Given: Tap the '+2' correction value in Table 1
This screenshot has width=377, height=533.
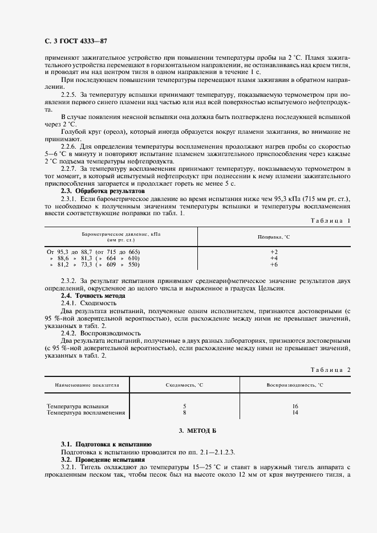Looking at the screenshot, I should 273,251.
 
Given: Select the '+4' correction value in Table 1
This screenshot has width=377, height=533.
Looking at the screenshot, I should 273,258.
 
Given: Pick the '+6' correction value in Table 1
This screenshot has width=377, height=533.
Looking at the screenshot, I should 273,265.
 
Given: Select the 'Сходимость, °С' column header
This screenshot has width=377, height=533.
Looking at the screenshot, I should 184,386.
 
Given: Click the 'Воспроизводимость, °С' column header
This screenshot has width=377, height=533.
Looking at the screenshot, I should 294,386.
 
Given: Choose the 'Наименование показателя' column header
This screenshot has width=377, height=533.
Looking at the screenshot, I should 87,386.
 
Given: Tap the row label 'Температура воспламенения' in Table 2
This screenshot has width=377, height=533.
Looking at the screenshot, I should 86,412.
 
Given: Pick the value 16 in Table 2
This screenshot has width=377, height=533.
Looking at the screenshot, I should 294,406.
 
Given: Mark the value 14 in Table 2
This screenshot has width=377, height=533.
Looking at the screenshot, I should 294,412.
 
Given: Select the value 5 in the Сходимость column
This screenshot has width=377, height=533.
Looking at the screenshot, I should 184,406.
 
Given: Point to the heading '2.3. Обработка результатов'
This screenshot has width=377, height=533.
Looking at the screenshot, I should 103,191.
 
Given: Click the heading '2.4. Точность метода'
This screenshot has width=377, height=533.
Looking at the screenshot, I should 92,296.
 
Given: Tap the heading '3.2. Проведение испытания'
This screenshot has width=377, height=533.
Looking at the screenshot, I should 103,459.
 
